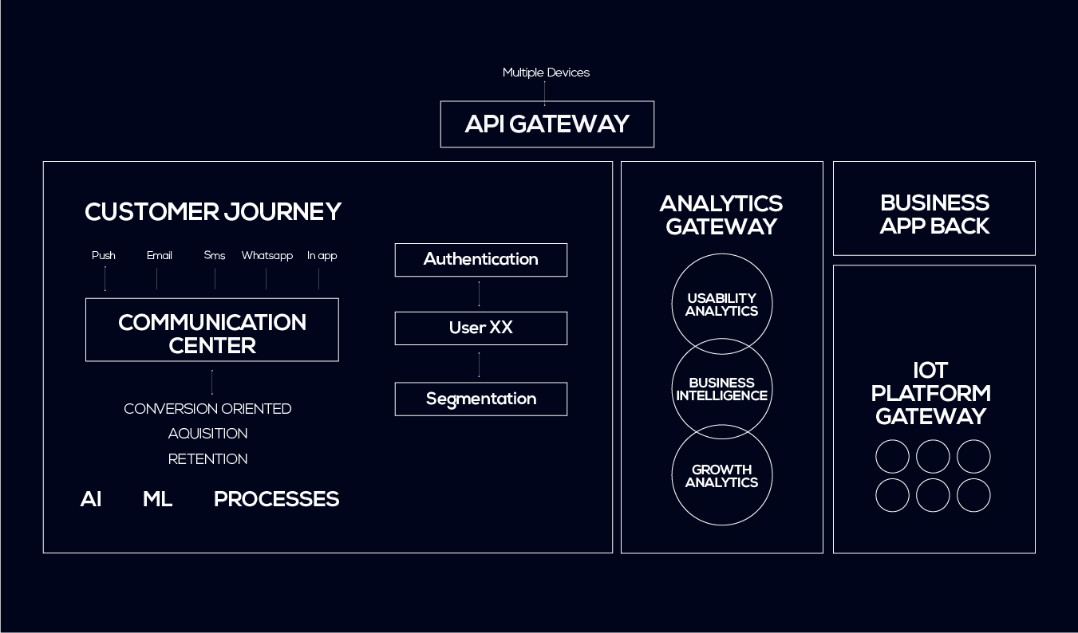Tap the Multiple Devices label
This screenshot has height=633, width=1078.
point(546,73)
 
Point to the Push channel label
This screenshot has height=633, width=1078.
point(104,255)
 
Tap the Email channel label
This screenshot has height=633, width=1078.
point(160,255)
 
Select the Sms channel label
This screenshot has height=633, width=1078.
point(214,255)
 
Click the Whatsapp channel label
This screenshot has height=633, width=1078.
point(267,255)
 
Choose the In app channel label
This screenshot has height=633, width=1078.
point(322,255)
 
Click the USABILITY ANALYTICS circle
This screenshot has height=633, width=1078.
point(722,254)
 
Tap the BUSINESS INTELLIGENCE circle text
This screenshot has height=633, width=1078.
point(722,389)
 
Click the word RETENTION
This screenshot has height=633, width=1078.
point(208,459)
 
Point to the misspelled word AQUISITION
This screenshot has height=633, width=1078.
point(208,434)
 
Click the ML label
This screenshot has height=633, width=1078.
point(157,499)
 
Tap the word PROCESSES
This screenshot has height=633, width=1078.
point(276,499)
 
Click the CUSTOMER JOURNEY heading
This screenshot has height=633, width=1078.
point(213,211)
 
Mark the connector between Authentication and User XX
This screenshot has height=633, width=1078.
point(479,294)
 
